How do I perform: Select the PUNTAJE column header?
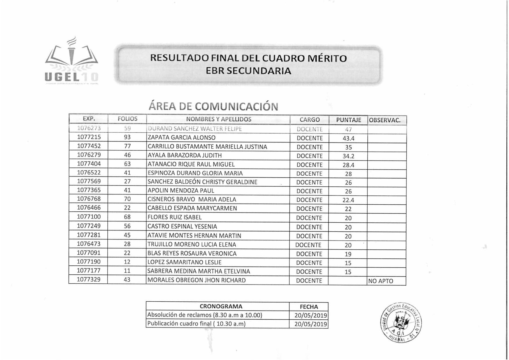[348, 120]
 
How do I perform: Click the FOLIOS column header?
[127, 119]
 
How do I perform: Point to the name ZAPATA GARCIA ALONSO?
[182, 138]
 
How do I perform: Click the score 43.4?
[348, 138]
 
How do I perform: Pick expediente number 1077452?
[89, 146]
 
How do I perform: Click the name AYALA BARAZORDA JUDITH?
[185, 156]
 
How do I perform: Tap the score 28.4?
[348, 165]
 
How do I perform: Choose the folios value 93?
[127, 137]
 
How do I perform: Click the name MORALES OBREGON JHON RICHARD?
[196, 280]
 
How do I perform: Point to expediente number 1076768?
[89, 199]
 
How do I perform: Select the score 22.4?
[348, 200]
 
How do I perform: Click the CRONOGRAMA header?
[221, 307]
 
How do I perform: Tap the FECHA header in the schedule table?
[309, 307]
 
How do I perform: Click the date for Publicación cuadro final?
[311, 324]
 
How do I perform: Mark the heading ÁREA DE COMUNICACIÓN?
[213, 106]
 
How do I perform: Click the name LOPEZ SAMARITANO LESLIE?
[184, 262]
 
